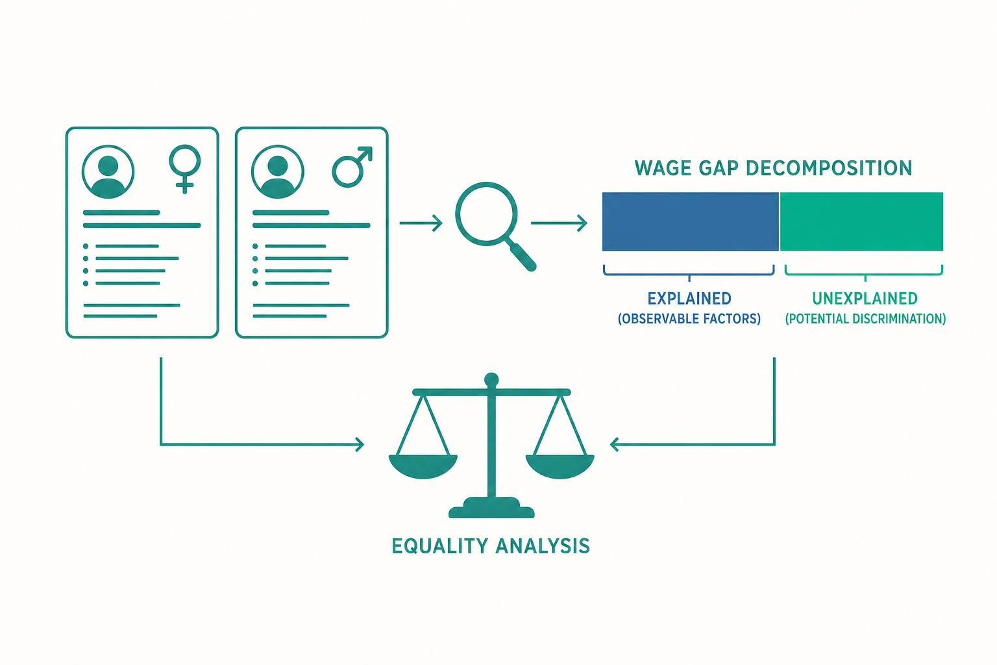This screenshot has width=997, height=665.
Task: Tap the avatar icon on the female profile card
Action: (108, 171)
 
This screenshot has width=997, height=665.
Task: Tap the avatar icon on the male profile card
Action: (278, 171)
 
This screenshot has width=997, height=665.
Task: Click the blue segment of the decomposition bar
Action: (691, 221)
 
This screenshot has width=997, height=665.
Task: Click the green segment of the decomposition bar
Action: (862, 221)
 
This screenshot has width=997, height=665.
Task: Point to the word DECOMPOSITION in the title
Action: (829, 168)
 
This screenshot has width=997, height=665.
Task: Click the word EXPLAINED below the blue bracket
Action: (689, 298)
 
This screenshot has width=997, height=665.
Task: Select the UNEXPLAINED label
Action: (865, 298)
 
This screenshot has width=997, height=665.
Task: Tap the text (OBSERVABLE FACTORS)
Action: (689, 319)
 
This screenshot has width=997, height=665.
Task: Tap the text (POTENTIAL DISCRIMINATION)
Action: (865, 319)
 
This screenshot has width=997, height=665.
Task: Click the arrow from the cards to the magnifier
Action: (421, 223)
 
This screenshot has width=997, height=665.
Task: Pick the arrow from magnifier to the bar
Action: (560, 223)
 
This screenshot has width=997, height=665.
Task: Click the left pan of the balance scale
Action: (423, 466)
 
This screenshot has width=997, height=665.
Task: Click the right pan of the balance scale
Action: (560, 466)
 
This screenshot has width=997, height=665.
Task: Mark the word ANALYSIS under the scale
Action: (543, 546)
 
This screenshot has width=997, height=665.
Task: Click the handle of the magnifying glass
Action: (523, 256)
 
